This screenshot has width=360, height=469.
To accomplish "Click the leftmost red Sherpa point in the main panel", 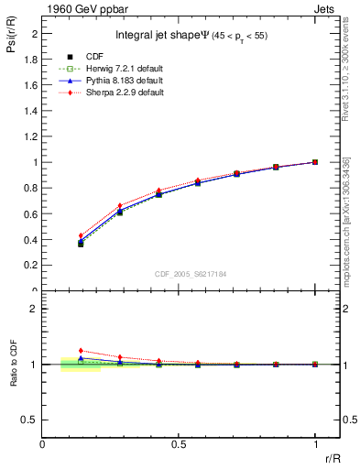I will tap(81, 235).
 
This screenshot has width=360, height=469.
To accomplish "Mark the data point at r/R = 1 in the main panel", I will tap(315, 162).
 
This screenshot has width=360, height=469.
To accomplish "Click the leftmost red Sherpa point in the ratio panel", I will tap(81, 350).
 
